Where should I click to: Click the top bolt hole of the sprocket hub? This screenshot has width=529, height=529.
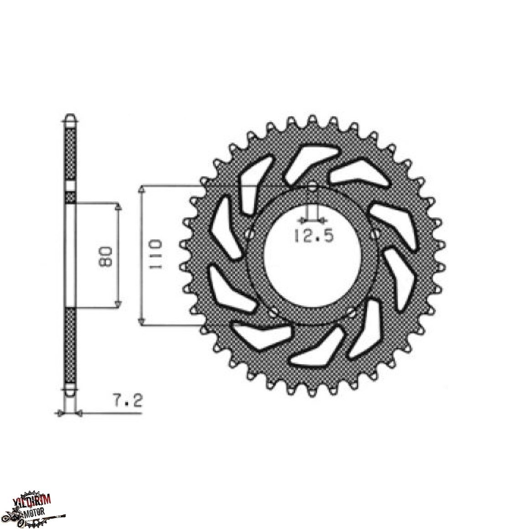[312, 187]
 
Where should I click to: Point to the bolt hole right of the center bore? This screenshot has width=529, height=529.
[376, 233]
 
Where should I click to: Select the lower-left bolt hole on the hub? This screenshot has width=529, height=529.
[273, 314]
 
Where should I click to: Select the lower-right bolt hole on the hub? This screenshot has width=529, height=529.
[352, 314]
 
